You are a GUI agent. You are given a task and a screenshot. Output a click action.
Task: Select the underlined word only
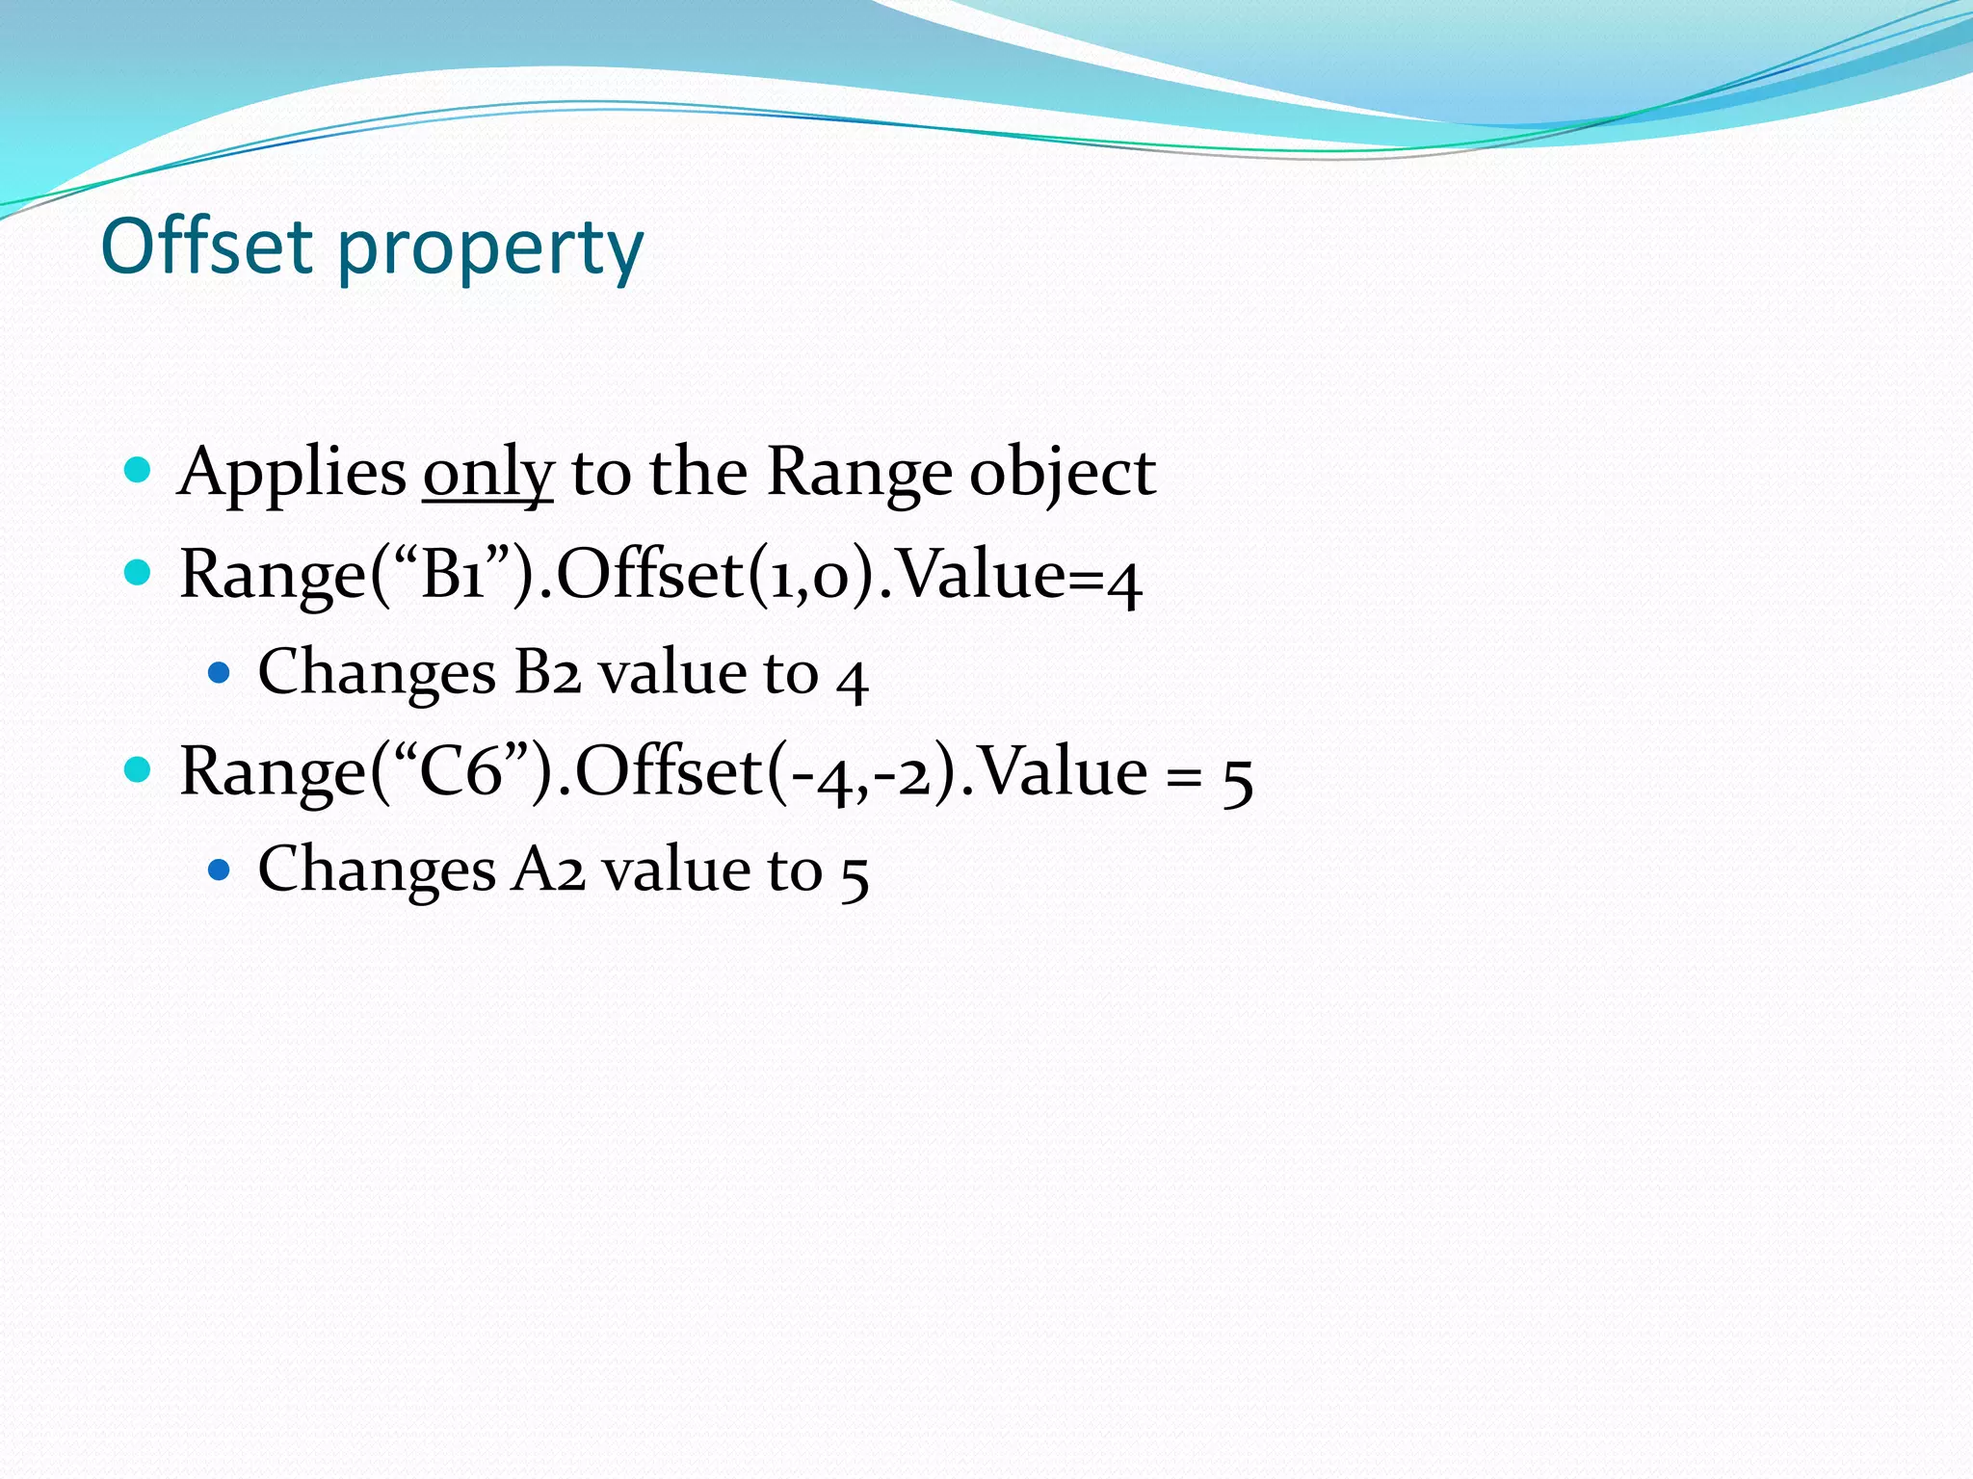coord(487,474)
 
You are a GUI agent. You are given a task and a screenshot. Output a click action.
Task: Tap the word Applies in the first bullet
coord(292,474)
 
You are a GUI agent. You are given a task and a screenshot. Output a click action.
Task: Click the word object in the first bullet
coord(1062,474)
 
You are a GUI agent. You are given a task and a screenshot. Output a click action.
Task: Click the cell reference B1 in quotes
coord(452,575)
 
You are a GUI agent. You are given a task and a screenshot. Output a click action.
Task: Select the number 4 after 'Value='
coord(1123,581)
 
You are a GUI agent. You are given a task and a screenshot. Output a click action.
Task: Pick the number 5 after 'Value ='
coord(1237,778)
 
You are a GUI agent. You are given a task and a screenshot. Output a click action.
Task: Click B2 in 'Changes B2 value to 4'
coord(547,672)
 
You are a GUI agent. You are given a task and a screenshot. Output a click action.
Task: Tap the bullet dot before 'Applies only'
coord(139,471)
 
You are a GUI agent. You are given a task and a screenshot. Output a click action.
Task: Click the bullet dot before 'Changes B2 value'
coord(220,672)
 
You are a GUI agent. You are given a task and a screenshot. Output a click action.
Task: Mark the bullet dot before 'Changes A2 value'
coord(220,870)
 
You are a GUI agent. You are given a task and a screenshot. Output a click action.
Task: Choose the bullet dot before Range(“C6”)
coord(139,770)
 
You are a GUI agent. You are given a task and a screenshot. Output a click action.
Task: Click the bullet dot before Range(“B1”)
coord(139,573)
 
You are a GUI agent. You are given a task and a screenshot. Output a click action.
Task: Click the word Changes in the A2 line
coord(377,869)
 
